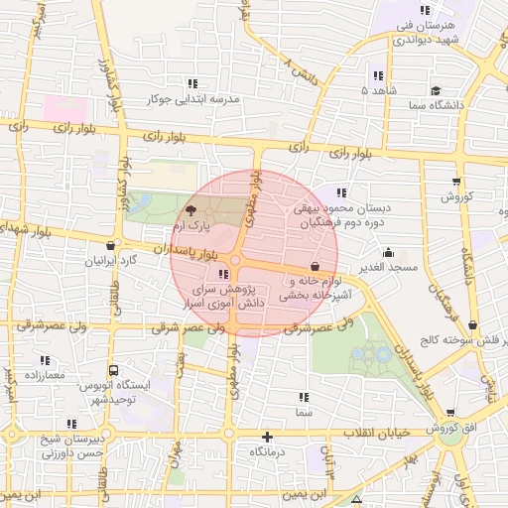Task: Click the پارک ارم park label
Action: point(190,227)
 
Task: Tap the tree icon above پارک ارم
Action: point(191,210)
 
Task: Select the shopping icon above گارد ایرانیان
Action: point(109,245)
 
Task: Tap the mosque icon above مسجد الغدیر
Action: point(387,252)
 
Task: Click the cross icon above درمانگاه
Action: point(266,437)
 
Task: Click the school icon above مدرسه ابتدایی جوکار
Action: point(191,83)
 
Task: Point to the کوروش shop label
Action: point(457,196)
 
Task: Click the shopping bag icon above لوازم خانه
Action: point(315,266)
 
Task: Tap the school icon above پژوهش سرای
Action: point(222,274)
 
